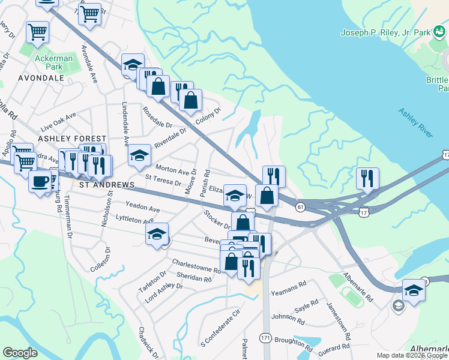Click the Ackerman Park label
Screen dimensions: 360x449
[x=53, y=62]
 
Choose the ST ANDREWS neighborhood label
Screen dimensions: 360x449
[x=107, y=185]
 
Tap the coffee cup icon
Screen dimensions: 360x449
[x=40, y=181]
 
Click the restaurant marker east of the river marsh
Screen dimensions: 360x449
[x=367, y=178]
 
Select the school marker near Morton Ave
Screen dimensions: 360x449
[x=139, y=157]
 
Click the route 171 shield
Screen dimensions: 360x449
[x=265, y=338]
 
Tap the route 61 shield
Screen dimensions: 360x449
[x=300, y=206]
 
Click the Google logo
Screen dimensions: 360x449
[x=20, y=353]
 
